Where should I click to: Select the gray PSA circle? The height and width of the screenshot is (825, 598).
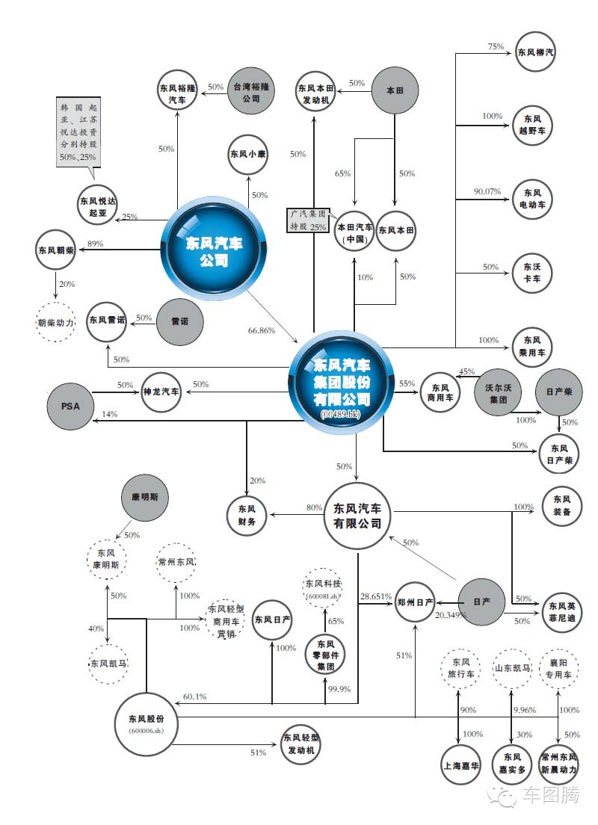click(72, 408)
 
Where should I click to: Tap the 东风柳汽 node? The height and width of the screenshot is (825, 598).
click(536, 52)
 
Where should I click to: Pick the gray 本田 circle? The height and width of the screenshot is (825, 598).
click(394, 90)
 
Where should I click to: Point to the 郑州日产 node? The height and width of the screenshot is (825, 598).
click(415, 602)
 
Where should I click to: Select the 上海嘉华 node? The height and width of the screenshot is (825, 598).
click(459, 765)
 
